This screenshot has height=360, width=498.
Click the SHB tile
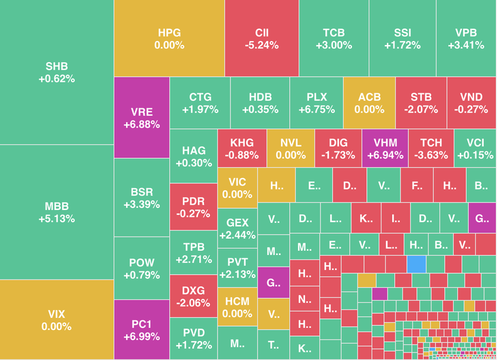click(x=56, y=72)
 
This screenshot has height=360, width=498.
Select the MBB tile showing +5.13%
click(x=56, y=212)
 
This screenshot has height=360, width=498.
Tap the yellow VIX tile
click(x=56, y=320)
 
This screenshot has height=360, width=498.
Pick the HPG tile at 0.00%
click(x=169, y=38)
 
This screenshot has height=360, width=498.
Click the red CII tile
click(x=262, y=38)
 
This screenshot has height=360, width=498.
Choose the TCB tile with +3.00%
click(x=334, y=38)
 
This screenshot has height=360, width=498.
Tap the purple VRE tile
click(x=141, y=118)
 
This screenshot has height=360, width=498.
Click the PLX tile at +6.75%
click(x=317, y=102)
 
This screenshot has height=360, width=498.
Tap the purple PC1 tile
click(x=141, y=330)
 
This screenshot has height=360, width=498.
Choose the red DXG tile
click(x=193, y=296)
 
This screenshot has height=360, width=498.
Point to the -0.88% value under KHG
click(x=241, y=155)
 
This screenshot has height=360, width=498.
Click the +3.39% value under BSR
click(x=141, y=204)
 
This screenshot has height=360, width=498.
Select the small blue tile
click(x=416, y=263)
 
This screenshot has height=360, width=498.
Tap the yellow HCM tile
click(x=237, y=307)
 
